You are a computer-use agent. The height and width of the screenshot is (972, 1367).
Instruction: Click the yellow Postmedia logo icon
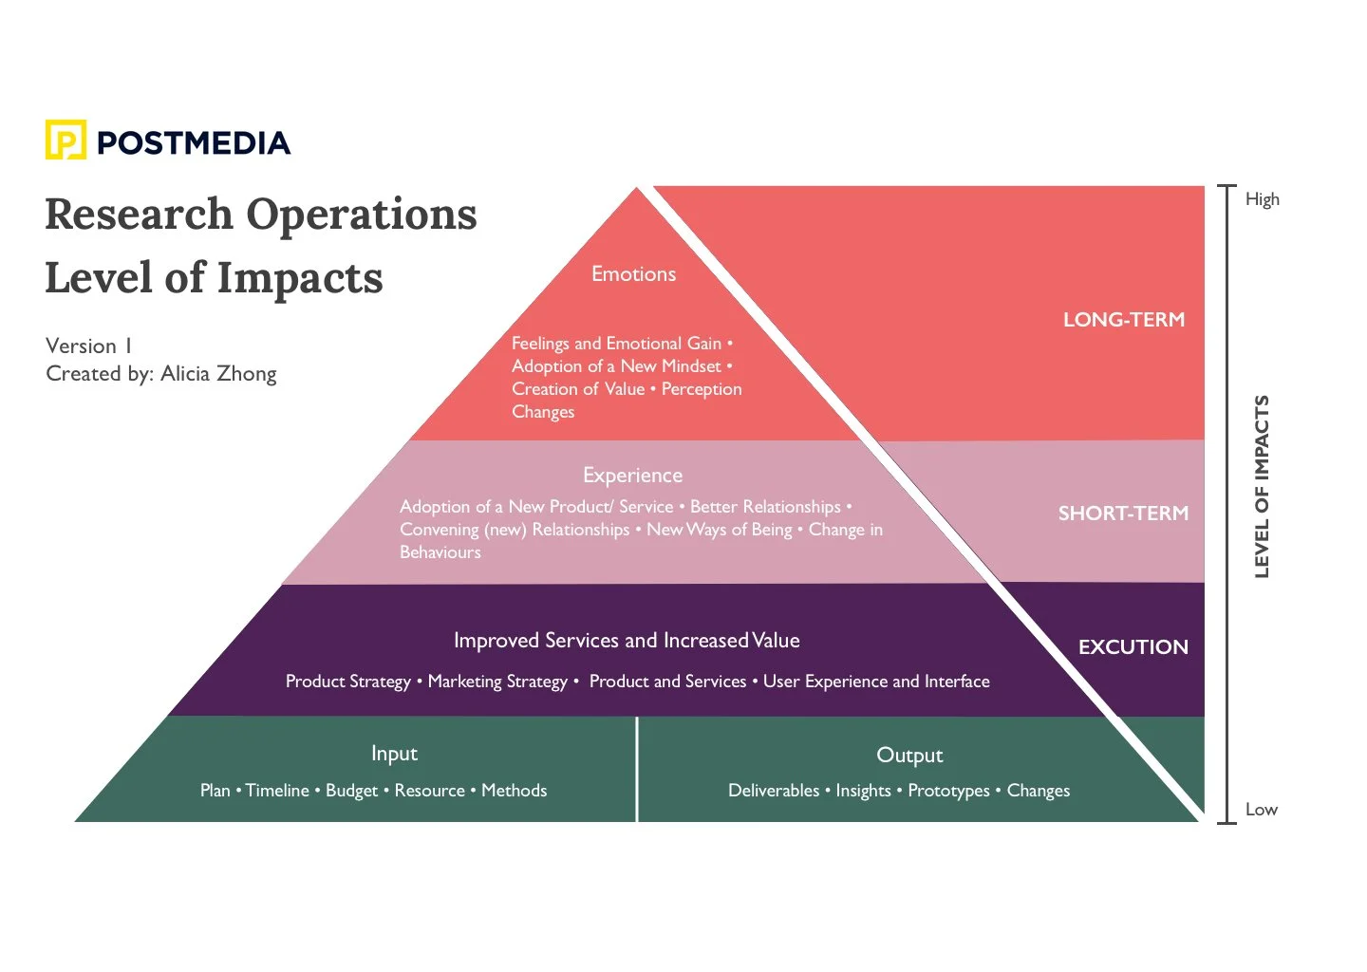click(x=66, y=140)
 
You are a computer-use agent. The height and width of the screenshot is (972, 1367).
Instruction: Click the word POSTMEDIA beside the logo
click(x=194, y=143)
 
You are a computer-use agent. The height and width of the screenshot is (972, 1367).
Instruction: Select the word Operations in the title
click(x=362, y=215)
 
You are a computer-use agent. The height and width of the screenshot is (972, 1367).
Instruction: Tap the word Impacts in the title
click(x=300, y=278)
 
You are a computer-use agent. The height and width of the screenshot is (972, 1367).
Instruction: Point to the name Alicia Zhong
click(x=218, y=374)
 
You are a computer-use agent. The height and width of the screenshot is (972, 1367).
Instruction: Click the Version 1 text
click(x=88, y=346)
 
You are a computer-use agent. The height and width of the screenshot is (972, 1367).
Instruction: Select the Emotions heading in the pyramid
click(x=633, y=274)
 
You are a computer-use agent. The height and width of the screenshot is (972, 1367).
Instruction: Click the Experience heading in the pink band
click(x=632, y=476)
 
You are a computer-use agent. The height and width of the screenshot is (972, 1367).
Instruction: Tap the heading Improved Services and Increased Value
click(x=627, y=641)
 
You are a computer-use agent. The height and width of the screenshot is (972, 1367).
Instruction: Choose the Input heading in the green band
click(x=394, y=754)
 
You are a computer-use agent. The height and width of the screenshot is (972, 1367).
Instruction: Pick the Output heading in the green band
click(x=909, y=756)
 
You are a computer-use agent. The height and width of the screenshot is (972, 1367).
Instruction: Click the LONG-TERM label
click(x=1124, y=320)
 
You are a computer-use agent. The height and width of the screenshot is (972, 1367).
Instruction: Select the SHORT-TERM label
click(x=1123, y=514)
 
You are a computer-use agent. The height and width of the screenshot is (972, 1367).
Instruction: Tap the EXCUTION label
click(x=1133, y=647)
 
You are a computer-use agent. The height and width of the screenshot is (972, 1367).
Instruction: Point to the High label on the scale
click(x=1262, y=199)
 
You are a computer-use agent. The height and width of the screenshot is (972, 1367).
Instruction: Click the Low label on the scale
click(x=1261, y=810)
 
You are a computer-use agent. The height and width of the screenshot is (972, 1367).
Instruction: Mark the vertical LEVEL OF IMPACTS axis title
click(x=1262, y=486)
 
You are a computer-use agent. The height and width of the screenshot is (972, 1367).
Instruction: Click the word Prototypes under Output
click(x=948, y=791)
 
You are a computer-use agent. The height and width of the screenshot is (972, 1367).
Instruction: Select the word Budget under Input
click(x=351, y=791)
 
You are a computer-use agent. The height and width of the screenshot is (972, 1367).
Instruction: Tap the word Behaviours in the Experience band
click(x=440, y=552)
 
